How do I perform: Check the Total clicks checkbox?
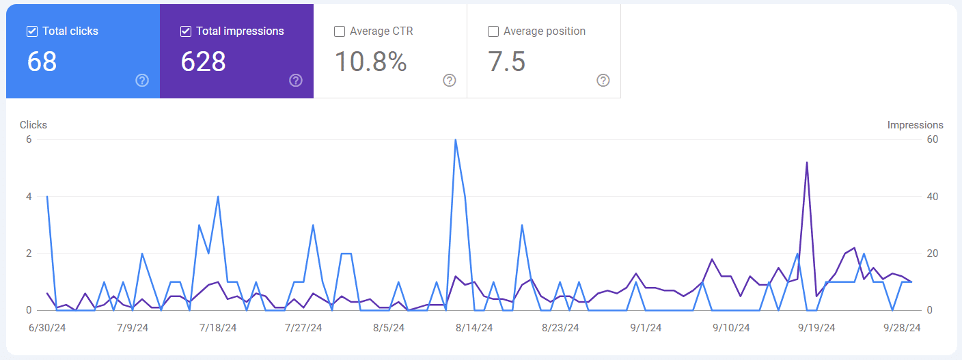click(31, 31)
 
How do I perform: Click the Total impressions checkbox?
click(185, 31)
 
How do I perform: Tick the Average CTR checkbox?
click(339, 31)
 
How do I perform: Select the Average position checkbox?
click(493, 31)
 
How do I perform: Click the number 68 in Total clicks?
click(42, 61)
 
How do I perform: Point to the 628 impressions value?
click(203, 61)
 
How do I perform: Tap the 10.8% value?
click(370, 61)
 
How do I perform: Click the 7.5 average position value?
click(506, 61)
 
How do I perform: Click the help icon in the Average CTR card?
click(449, 81)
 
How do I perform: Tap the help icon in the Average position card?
click(603, 81)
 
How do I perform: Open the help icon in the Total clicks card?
click(141, 81)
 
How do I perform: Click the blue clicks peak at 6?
click(455, 140)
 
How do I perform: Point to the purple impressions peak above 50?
click(807, 163)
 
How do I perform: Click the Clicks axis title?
click(33, 125)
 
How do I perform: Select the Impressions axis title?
click(915, 125)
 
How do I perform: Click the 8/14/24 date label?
click(474, 328)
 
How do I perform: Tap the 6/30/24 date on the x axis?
click(46, 328)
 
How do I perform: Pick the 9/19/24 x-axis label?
click(816, 328)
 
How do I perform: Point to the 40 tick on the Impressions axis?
click(932, 197)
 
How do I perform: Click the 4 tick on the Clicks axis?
click(29, 197)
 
